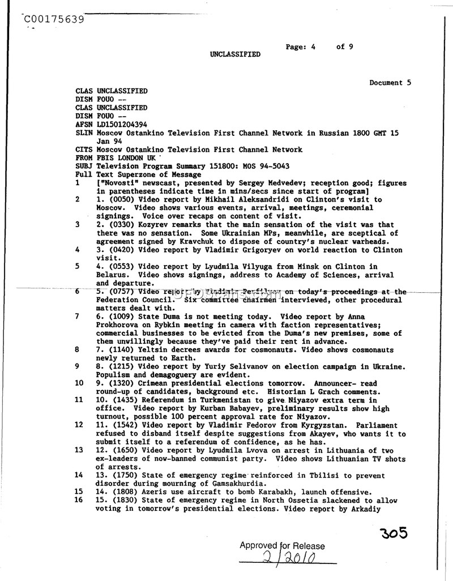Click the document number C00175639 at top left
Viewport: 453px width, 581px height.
[x=54, y=20]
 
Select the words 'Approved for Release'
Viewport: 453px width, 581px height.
[x=282, y=546]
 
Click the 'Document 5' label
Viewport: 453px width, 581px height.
[x=390, y=83]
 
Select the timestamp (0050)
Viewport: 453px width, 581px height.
[x=119, y=200]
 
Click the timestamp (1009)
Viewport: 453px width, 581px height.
[x=119, y=317]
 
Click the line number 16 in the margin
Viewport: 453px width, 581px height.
[x=79, y=501]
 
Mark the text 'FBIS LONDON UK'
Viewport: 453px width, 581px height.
[x=126, y=158]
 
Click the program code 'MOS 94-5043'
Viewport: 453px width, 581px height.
[x=266, y=166]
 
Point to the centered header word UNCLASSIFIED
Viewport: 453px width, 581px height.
[x=236, y=54]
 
